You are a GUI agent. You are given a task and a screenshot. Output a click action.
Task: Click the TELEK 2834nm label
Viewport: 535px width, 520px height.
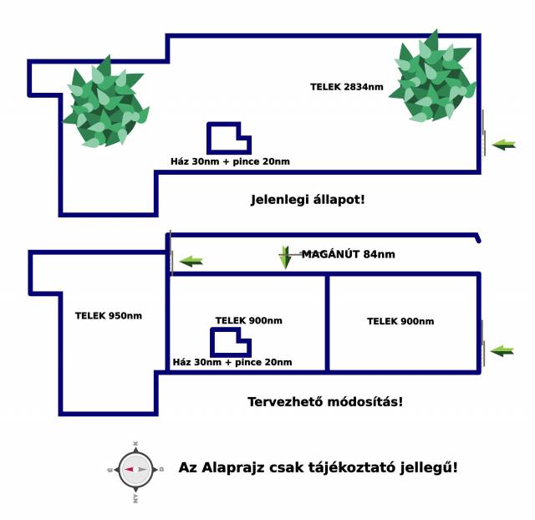[x=347, y=86]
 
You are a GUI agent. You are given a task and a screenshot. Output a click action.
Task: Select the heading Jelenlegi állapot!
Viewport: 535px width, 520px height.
[x=308, y=200]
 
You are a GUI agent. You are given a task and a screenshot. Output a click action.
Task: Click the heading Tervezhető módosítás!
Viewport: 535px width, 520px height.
[x=325, y=401]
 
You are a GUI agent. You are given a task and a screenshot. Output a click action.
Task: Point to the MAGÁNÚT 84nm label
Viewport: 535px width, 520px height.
[x=348, y=254]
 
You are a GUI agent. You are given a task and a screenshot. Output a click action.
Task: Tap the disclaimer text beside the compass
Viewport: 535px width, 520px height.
[x=318, y=468]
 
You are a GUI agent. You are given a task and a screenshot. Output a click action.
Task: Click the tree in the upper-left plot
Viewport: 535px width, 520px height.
[x=104, y=105]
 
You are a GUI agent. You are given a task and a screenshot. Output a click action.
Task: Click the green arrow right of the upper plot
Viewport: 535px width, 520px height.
[x=504, y=145]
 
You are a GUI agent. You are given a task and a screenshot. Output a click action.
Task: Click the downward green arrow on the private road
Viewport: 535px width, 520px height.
[x=285, y=257]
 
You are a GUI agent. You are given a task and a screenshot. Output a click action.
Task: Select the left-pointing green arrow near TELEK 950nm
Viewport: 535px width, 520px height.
[x=191, y=261]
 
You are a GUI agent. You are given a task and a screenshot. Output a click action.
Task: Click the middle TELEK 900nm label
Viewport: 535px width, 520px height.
[x=248, y=320]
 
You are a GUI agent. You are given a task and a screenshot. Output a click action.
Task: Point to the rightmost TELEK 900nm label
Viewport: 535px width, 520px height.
[x=400, y=321]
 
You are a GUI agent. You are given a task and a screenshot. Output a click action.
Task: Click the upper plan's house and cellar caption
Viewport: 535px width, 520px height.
[x=230, y=161]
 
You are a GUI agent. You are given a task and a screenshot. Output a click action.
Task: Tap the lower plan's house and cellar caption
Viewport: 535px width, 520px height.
[x=232, y=362]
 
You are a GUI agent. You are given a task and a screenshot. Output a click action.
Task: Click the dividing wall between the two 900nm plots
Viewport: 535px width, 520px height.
[x=327, y=322]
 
